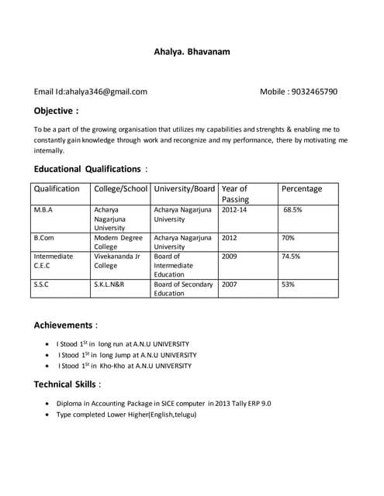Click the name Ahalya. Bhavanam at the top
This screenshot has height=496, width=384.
tap(192, 52)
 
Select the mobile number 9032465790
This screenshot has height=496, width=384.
tap(313, 91)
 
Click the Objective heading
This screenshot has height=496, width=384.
tap(56, 111)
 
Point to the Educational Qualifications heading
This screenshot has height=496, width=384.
tap(88, 169)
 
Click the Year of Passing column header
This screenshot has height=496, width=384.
tap(235, 194)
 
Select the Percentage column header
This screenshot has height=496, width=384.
tap(301, 188)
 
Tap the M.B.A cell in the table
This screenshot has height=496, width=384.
tap(43, 209)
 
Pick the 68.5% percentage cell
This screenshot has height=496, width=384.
tap(292, 209)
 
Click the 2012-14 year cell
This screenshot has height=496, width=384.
tap(234, 209)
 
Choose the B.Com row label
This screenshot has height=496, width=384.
tap(43, 237)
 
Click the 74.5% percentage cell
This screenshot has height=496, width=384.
tap(291, 256)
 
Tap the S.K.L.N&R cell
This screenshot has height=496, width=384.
tap(109, 284)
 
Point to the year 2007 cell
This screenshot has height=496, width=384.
tap(230, 284)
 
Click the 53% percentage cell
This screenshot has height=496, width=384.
tap(288, 284)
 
